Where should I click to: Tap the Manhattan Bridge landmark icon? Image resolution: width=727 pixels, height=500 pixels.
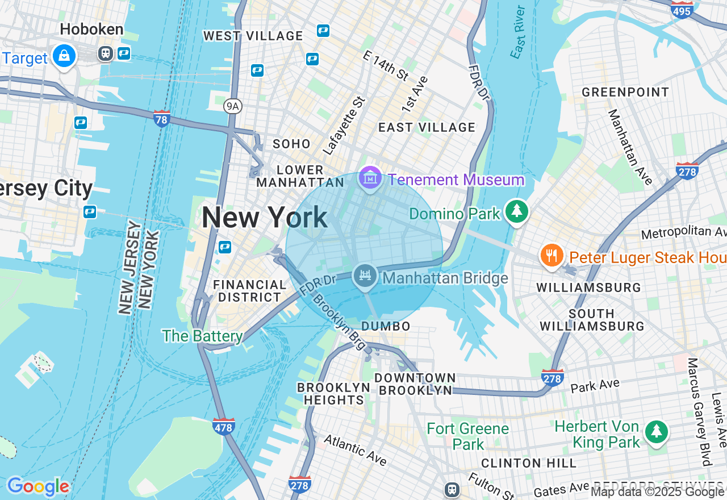click(x=365, y=277)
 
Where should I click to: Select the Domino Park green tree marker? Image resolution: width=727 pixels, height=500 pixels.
click(x=516, y=211)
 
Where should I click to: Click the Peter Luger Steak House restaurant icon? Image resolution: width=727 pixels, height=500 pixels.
click(x=551, y=256)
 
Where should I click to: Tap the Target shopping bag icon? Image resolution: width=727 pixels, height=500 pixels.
click(x=64, y=56)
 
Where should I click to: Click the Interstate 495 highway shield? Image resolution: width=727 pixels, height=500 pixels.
click(x=682, y=10)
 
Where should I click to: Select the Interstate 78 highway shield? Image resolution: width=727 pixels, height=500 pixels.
click(x=162, y=119)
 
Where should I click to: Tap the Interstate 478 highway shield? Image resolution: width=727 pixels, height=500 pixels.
click(x=224, y=427)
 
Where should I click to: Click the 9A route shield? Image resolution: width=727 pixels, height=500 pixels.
click(x=232, y=106)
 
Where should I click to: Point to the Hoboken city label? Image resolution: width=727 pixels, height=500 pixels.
click(x=91, y=29)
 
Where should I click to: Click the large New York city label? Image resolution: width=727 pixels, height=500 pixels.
click(x=265, y=218)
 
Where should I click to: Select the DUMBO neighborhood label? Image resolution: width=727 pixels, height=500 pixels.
click(x=386, y=326)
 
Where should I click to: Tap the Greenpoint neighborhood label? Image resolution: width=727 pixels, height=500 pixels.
click(x=625, y=92)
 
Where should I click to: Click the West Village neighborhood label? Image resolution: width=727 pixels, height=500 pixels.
click(x=253, y=36)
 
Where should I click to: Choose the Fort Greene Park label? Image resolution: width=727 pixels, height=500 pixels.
click(x=468, y=436)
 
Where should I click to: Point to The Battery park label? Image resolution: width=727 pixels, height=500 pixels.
click(x=202, y=336)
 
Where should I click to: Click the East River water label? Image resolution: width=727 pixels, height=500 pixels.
click(x=517, y=32)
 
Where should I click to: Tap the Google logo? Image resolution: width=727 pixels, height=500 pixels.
click(x=38, y=486)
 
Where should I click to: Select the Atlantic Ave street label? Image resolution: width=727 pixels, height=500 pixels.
click(x=355, y=449)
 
